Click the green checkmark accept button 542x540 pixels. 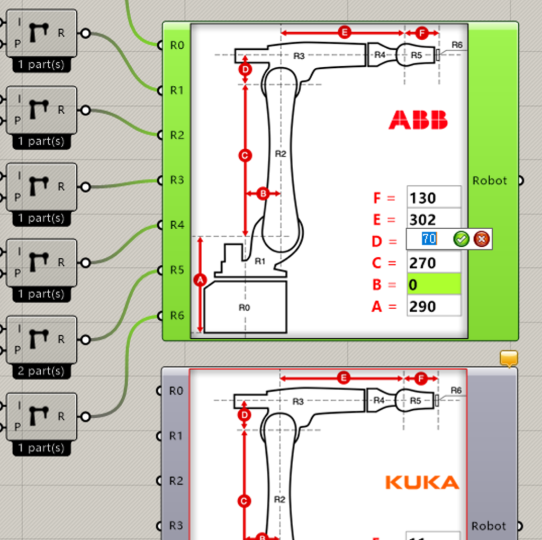point(461,239)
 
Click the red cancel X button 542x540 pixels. point(481,239)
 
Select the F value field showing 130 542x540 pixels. point(433,198)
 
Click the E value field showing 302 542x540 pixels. point(433,220)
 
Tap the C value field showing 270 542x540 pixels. point(433,263)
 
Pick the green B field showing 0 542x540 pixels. point(433,285)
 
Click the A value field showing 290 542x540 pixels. point(433,307)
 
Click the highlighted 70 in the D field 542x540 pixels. point(429,239)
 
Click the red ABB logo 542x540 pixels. point(418,120)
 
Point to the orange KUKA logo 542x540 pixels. point(422,482)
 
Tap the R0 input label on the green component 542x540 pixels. point(177,46)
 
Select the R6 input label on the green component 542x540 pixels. point(177,316)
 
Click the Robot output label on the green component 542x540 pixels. point(490,181)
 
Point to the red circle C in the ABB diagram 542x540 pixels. point(245,156)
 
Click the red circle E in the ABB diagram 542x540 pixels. point(345,33)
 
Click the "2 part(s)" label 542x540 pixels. point(41,371)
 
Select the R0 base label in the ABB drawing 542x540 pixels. point(244,307)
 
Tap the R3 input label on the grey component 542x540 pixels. point(176,526)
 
